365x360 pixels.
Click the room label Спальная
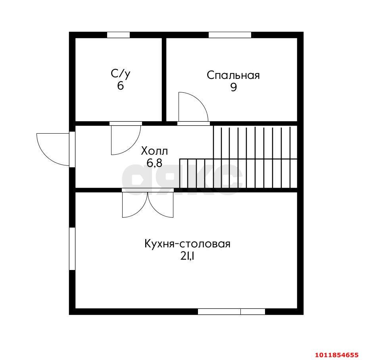click(233, 76)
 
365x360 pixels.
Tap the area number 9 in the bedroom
click(233, 88)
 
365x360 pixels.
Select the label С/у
click(120, 74)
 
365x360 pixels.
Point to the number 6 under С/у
click(120, 86)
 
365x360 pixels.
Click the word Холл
click(154, 151)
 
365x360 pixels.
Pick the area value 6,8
click(154, 163)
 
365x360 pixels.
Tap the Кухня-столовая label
click(187, 244)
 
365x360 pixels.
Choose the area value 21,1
click(187, 256)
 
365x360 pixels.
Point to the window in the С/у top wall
click(118, 35)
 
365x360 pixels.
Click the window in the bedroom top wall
click(230, 35)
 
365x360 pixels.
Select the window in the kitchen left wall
click(72, 249)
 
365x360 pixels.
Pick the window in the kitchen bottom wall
click(231, 312)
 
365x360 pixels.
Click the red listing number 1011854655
click(337, 355)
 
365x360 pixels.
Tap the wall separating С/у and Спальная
click(164, 80)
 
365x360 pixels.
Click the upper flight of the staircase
click(255, 142)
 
